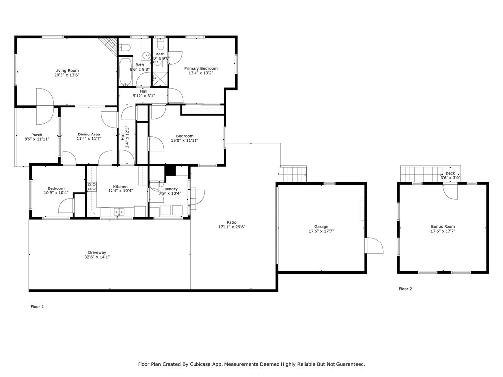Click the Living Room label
[x=66, y=71]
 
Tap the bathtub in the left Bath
[x=125, y=73]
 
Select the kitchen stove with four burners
[x=92, y=187]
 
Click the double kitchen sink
[x=119, y=212]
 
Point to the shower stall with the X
[x=160, y=79]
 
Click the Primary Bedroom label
[x=200, y=69]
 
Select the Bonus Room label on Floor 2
[x=443, y=227]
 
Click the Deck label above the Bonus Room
[x=450, y=173]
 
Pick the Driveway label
[x=97, y=252]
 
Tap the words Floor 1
[x=37, y=307]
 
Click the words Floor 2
[x=405, y=289]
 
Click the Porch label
[x=36, y=135]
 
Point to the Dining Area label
[x=88, y=135]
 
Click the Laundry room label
[x=169, y=189]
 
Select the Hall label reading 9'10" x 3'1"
[x=143, y=91]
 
